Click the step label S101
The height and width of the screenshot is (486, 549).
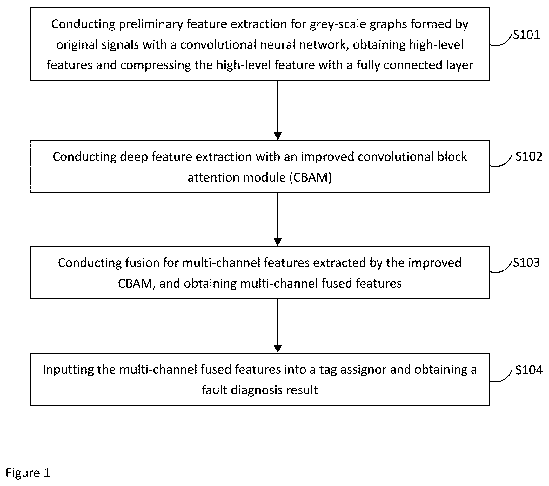(526, 35)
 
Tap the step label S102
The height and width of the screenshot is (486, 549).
(529, 156)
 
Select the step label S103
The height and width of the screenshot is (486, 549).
(526, 263)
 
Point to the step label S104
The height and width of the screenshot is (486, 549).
(529, 370)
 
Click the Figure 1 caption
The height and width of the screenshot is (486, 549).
(28, 473)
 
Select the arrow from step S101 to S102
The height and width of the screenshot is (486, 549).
(278, 110)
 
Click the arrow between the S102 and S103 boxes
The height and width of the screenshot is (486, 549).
(278, 219)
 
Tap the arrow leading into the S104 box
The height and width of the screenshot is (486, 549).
(278, 326)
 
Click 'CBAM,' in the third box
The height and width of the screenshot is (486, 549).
(137, 283)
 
